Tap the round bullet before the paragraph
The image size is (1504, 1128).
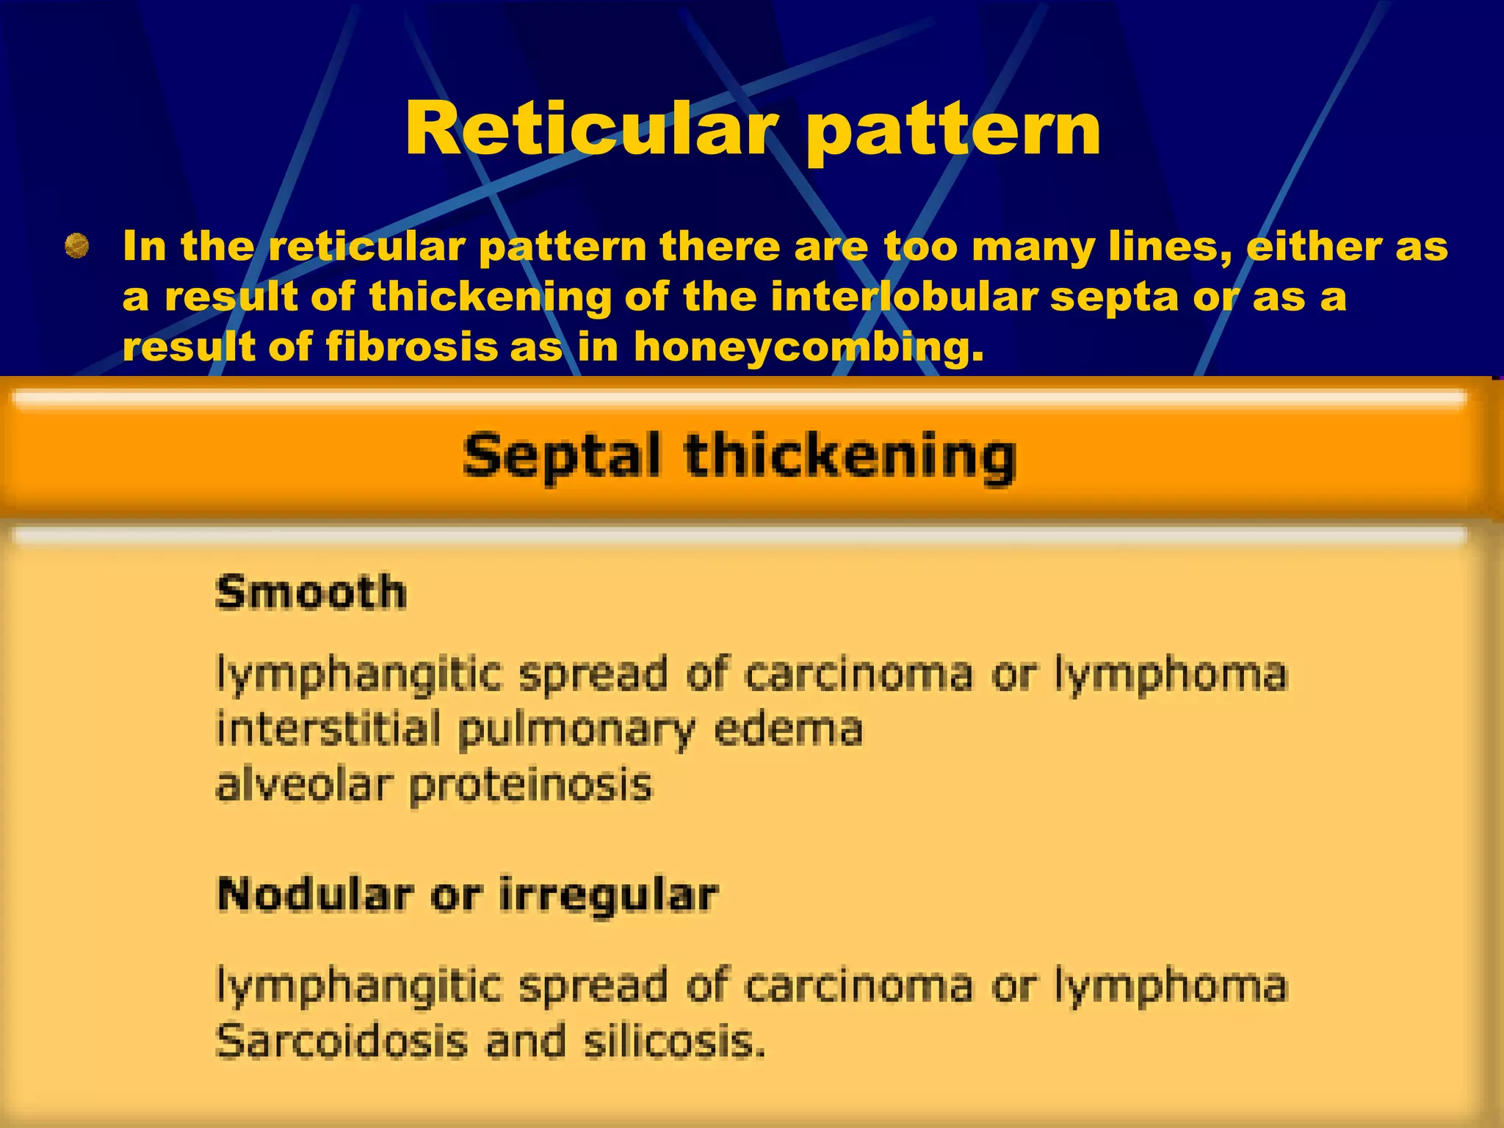click(76, 246)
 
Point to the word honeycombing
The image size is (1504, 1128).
click(808, 347)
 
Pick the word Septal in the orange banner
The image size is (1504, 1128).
click(562, 456)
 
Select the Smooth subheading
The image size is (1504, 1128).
click(311, 593)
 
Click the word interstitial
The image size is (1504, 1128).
click(328, 728)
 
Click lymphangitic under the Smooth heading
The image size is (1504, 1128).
click(359, 674)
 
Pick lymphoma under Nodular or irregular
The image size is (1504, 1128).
click(1171, 986)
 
